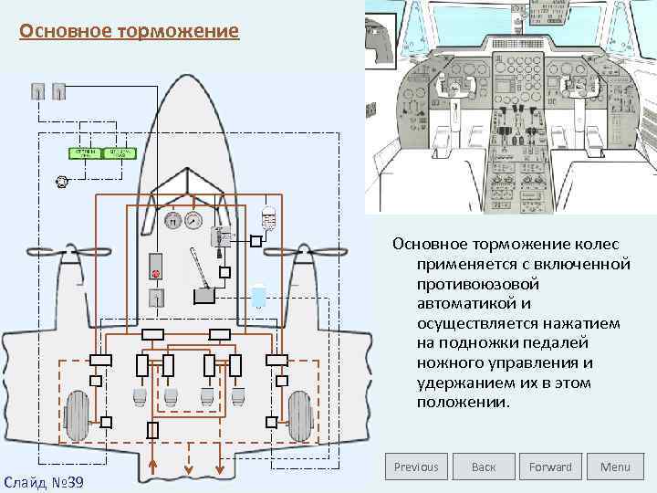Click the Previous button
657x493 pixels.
[x=416, y=467]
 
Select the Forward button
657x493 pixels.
[x=550, y=467]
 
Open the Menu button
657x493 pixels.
[x=615, y=467]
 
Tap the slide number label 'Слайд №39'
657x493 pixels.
[x=44, y=480]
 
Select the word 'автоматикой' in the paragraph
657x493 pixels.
[x=462, y=304]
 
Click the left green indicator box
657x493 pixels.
[x=85, y=153]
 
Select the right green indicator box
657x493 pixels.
[x=120, y=153]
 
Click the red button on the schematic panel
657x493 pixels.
[x=156, y=273]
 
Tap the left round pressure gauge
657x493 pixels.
[x=172, y=220]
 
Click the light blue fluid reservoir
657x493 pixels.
[x=259, y=296]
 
